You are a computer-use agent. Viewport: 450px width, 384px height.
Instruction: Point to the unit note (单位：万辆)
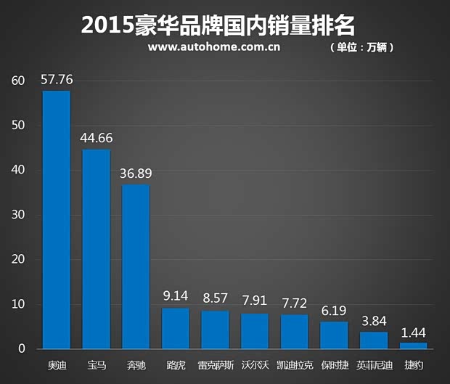pos(361,48)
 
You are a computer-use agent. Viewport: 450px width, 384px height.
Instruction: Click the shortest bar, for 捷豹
pos(413,346)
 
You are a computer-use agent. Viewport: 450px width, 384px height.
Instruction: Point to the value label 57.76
pos(57,79)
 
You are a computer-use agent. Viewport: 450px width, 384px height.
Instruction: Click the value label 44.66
pos(96,138)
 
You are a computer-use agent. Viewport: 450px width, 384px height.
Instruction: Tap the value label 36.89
pos(136,173)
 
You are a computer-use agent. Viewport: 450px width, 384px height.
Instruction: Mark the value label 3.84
pos(374,321)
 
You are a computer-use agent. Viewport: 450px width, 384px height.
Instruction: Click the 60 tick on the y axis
pos(18,81)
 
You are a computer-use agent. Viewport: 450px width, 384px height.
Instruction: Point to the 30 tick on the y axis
pos(18,215)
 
